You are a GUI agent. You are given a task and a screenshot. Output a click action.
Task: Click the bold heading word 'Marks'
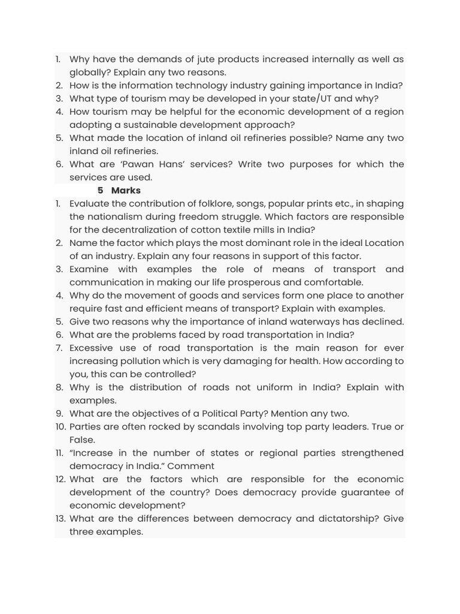pos(126,191)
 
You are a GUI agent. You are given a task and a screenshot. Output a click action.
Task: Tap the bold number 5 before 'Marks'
pos(101,191)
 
